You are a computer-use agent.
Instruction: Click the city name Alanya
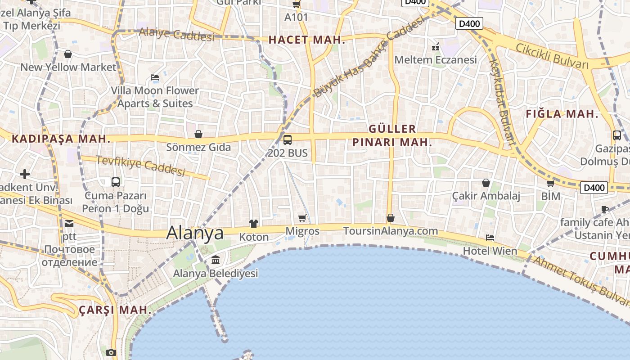[195, 233]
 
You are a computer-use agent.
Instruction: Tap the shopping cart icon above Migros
[302, 218]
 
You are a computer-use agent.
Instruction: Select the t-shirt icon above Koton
[254, 223]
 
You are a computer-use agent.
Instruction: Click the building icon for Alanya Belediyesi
[215, 260]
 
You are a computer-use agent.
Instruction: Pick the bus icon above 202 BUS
[287, 139]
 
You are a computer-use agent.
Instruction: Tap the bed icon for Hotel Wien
[490, 237]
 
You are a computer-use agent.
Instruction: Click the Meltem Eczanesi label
[435, 60]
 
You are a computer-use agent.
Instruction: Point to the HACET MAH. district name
[307, 40]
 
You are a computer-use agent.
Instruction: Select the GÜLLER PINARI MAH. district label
[392, 135]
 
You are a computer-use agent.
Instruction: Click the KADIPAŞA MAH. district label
[61, 139]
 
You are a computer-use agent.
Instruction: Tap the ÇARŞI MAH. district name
[115, 310]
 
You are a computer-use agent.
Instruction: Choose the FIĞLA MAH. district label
[562, 114]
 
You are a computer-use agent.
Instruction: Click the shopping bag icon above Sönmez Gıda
[198, 134]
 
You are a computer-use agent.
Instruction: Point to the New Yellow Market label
[68, 67]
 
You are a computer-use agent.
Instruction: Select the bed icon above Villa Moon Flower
[155, 77]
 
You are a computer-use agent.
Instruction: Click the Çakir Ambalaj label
[486, 196]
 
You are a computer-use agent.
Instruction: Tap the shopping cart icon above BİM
[550, 183]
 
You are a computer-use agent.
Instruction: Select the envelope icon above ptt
[69, 223]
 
